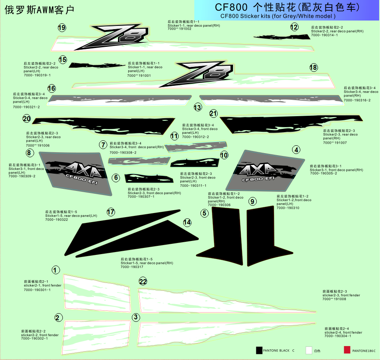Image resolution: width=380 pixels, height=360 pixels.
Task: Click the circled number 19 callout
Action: (62, 28)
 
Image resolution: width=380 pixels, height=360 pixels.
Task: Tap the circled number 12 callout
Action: (294, 27)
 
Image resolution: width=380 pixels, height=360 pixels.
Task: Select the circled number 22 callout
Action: (143, 281)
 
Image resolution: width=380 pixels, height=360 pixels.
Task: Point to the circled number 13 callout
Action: (198, 107)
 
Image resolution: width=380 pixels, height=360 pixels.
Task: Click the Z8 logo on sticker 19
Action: (119, 37)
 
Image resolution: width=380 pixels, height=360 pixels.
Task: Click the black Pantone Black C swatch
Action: (259, 350)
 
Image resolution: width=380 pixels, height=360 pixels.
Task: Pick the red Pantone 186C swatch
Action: (347, 350)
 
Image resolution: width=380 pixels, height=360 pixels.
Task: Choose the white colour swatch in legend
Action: (309, 350)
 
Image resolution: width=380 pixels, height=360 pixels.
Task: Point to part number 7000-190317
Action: (131, 267)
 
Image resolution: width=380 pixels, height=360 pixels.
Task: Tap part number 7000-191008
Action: (334, 299)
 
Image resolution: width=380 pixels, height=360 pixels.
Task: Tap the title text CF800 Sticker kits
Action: (278, 16)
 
